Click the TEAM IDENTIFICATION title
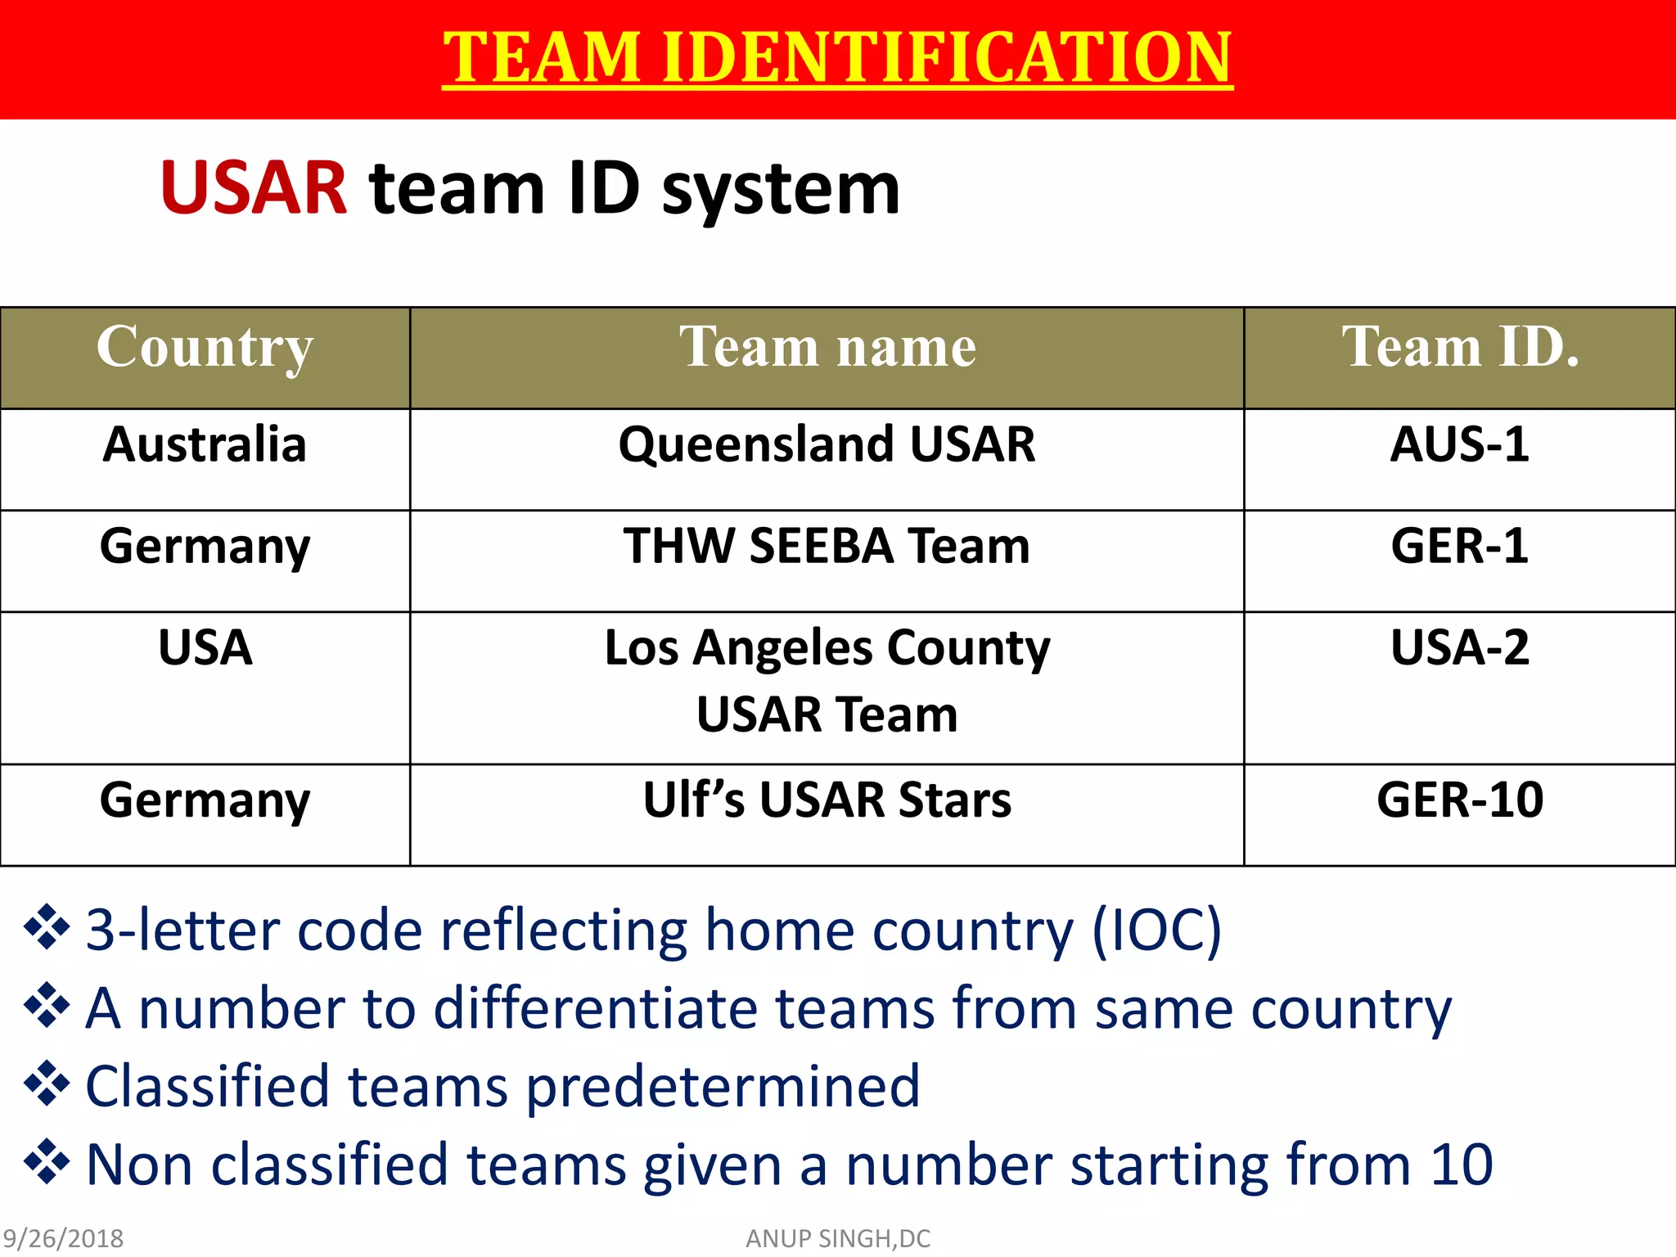tap(836, 57)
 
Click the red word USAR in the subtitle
tap(254, 188)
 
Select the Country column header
tap(205, 347)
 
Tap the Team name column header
tap(827, 347)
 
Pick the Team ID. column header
tap(1460, 347)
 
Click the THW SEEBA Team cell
tap(827, 546)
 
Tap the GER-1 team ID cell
tap(1460, 546)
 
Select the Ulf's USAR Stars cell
tap(827, 800)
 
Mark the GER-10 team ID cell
tap(1460, 800)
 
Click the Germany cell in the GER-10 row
tap(205, 800)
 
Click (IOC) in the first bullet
tap(1156, 931)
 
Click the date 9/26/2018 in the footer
tap(63, 1239)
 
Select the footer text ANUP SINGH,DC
tap(838, 1239)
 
